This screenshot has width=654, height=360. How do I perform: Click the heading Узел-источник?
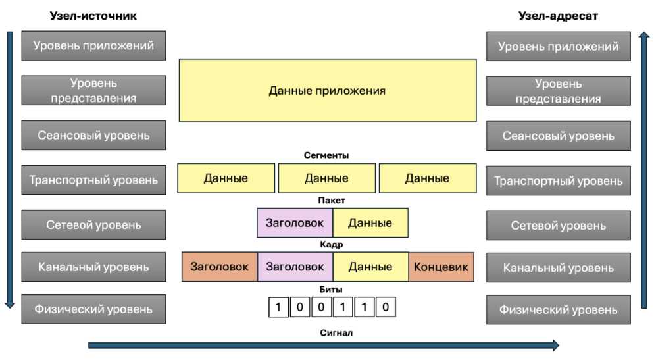click(x=93, y=16)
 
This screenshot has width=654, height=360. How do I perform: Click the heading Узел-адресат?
click(x=558, y=16)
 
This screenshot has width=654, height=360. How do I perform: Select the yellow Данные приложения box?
click(x=327, y=90)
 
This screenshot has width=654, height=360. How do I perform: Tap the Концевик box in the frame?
click(x=441, y=267)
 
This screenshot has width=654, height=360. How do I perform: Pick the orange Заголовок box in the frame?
click(x=219, y=267)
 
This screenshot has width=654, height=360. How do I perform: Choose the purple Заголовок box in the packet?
click(x=295, y=222)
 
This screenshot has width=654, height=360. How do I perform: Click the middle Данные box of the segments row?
click(x=326, y=178)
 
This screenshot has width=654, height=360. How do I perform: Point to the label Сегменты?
click(x=326, y=155)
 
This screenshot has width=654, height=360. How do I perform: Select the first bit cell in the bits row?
click(x=278, y=307)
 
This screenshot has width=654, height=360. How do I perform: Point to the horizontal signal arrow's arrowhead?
click(x=555, y=345)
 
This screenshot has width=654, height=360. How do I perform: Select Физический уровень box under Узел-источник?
click(x=93, y=309)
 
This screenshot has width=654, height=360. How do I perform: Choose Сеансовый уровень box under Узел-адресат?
click(x=558, y=136)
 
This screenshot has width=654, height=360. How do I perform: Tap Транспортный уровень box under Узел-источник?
click(x=93, y=180)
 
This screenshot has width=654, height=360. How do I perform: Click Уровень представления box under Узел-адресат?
click(x=558, y=91)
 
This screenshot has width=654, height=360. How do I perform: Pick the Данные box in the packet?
click(x=370, y=222)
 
